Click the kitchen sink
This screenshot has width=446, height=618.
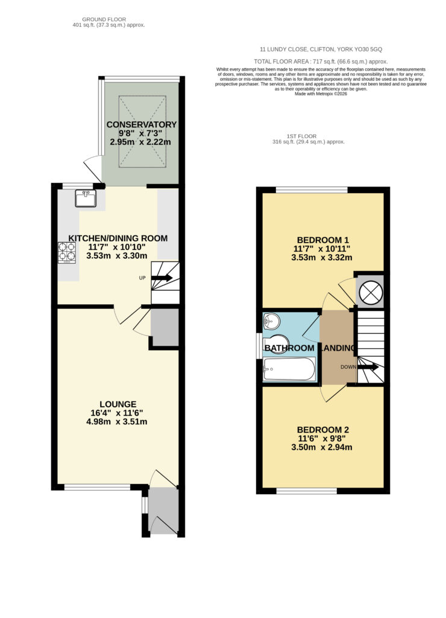(86, 198)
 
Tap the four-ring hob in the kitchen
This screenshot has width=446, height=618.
(67, 253)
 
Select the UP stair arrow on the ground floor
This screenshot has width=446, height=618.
(162, 278)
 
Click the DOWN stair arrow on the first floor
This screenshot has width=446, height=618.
(368, 367)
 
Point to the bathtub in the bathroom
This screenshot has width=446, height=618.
(289, 369)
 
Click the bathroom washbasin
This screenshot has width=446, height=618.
(271, 320)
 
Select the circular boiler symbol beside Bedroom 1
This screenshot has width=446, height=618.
(370, 292)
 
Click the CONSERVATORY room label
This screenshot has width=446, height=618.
(141, 124)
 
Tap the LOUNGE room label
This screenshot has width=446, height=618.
(118, 404)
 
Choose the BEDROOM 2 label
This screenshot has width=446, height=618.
(323, 430)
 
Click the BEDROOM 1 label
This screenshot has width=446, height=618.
(323, 240)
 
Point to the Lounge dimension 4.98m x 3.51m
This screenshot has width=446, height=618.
(117, 422)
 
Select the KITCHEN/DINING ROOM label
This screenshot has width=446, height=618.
(118, 238)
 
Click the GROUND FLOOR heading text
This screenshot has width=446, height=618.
(104, 19)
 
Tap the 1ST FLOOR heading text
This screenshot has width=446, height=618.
(301, 136)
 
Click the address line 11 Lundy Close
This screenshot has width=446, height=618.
(321, 49)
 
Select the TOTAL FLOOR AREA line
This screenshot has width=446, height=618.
(321, 62)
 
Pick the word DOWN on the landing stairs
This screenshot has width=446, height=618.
(348, 367)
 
